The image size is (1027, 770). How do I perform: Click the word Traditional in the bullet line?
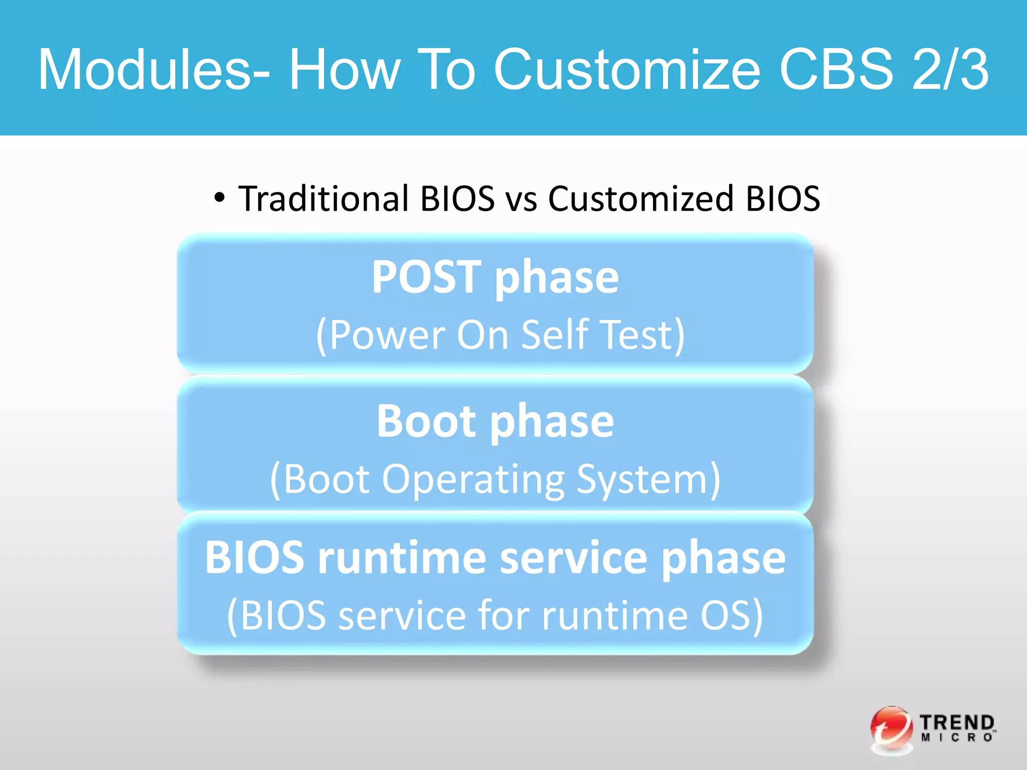[324, 199]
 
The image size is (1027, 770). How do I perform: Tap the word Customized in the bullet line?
[641, 199]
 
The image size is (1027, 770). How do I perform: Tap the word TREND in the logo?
[957, 723]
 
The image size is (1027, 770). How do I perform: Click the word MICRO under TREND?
[957, 738]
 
